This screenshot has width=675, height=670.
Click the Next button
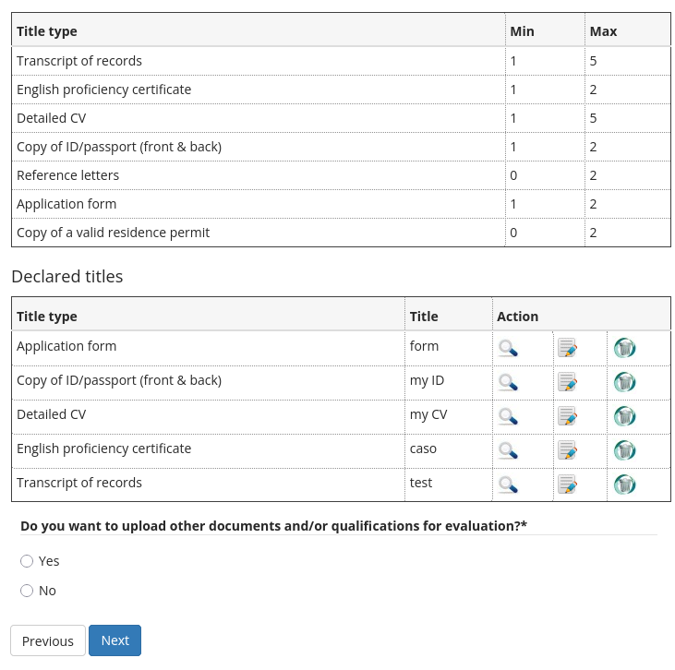(115, 640)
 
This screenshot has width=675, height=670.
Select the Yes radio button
(27, 561)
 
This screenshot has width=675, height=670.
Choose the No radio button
(27, 591)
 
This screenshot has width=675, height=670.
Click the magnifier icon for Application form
(508, 348)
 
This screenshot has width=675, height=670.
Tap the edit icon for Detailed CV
(568, 416)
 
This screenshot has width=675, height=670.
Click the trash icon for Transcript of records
(625, 485)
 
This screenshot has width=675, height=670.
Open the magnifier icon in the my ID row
(508, 382)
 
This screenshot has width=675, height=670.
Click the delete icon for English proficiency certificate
(625, 450)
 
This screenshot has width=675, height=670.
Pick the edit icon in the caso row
(568, 450)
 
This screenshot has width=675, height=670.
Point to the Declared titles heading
(66, 276)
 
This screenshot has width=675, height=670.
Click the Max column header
(603, 31)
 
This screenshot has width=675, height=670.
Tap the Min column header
(522, 31)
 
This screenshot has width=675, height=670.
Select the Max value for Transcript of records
(594, 61)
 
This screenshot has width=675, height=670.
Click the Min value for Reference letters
(513, 175)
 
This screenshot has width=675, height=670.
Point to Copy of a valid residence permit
(113, 233)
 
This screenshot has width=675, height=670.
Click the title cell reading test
(421, 483)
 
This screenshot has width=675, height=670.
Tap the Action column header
(517, 317)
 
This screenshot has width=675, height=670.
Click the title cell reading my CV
(428, 414)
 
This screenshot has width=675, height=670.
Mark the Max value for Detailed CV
(594, 118)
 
